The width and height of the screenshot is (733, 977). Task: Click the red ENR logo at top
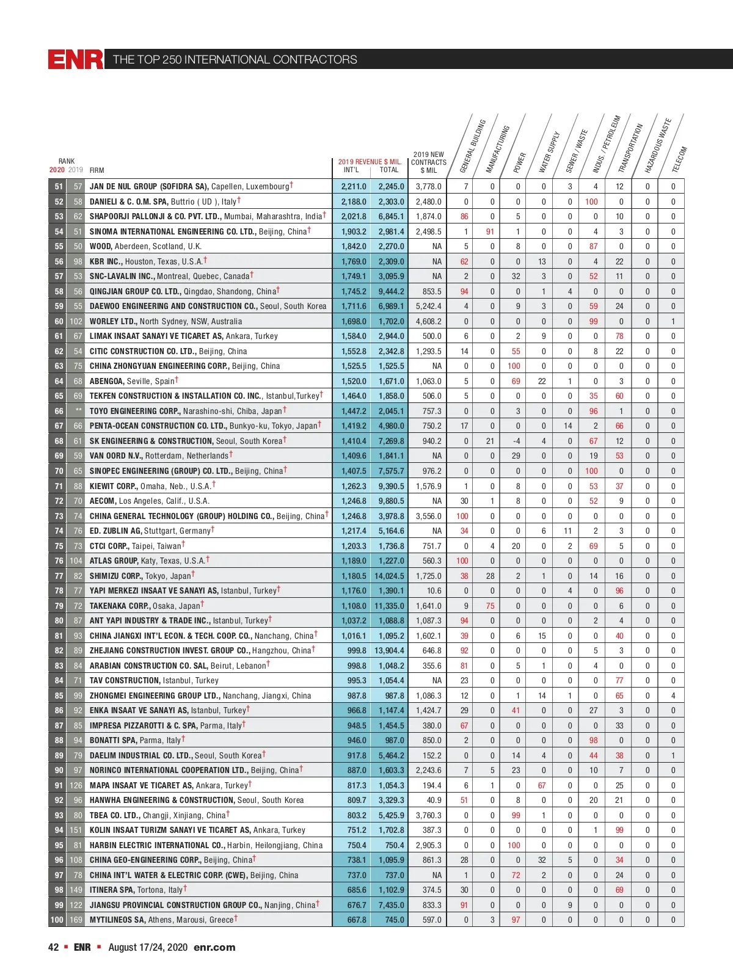[76, 59]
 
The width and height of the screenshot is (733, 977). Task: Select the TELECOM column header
[679, 159]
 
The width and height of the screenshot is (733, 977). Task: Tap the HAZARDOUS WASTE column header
[658, 146]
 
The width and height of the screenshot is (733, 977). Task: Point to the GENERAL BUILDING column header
[472, 146]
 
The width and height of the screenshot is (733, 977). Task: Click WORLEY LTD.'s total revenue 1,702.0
[391, 321]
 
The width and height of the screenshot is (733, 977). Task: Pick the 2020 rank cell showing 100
[57, 920]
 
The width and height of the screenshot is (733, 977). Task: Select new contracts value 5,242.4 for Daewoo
[428, 306]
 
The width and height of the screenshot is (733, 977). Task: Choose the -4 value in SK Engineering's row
[516, 441]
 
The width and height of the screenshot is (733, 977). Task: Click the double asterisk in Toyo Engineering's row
[78, 411]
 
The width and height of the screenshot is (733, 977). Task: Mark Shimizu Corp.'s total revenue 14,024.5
[389, 576]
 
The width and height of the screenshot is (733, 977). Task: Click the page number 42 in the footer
[54, 947]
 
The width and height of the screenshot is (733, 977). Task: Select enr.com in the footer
[214, 947]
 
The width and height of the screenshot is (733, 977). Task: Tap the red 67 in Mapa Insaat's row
[542, 785]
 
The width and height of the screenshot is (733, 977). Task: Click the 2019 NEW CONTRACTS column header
[428, 162]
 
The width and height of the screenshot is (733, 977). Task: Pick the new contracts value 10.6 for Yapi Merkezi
[434, 590]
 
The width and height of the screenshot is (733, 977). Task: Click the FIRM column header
[97, 170]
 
